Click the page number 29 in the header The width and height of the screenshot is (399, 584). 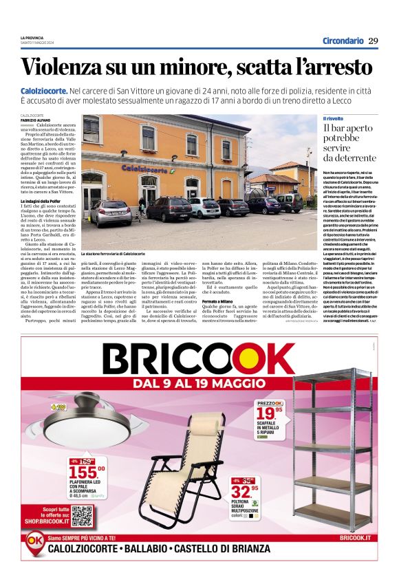[373, 41]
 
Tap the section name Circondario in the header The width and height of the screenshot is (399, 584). [343, 41]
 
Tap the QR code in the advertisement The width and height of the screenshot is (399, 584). [81, 515]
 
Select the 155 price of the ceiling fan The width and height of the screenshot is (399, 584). [86, 472]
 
